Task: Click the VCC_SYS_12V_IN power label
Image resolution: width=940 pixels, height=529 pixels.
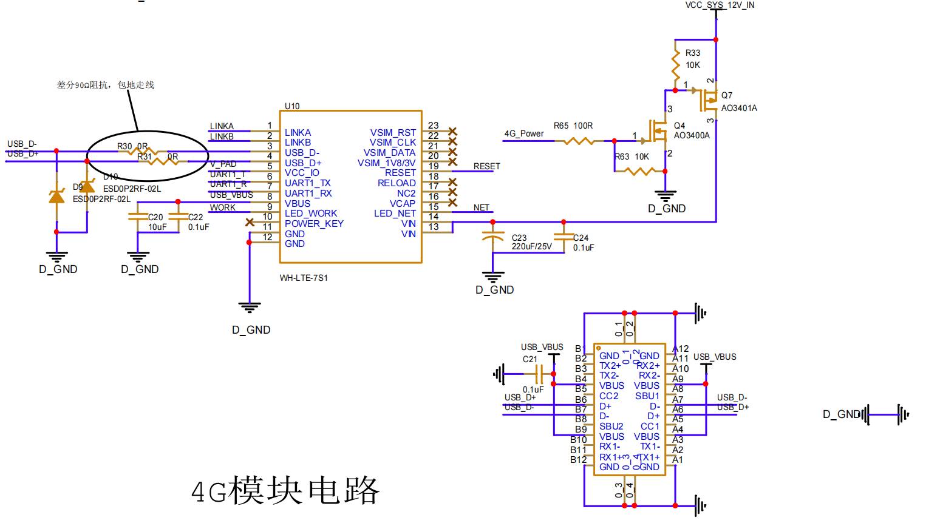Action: tap(720, 5)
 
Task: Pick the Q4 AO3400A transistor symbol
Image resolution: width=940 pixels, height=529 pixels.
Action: tap(659, 130)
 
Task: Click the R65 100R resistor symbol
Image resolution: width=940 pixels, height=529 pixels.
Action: tap(578, 141)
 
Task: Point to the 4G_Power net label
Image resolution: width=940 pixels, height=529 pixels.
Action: tap(523, 134)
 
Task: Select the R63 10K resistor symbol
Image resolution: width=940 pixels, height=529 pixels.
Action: tap(638, 171)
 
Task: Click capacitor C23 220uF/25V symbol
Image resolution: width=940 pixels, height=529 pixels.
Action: tap(493, 237)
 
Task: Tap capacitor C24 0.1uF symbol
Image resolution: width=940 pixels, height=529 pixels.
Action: tap(564, 238)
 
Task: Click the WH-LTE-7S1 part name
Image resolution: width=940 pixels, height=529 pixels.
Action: tap(304, 278)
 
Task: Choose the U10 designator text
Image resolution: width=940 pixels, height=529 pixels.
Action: tap(292, 106)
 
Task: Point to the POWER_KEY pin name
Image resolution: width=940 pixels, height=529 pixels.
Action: tap(314, 223)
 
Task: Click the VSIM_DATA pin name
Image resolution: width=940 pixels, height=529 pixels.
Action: tap(389, 153)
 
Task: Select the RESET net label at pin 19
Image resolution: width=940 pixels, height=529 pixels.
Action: tap(486, 166)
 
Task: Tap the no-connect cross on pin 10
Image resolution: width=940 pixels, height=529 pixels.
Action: tap(250, 223)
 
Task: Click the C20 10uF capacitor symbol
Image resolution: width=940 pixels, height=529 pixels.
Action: tap(139, 217)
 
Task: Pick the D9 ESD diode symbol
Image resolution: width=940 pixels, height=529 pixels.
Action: tap(57, 196)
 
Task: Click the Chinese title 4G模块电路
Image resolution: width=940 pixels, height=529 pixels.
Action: tap(285, 490)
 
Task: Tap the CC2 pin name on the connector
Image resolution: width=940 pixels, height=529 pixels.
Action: tap(608, 396)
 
